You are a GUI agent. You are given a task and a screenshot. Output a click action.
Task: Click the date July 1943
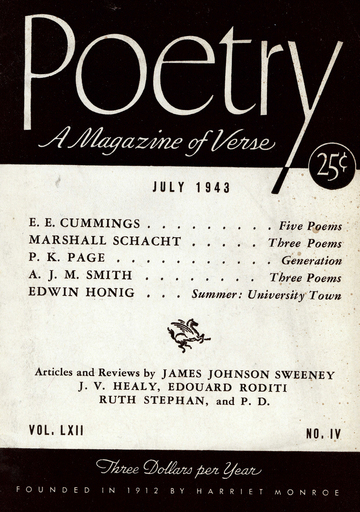[191, 187]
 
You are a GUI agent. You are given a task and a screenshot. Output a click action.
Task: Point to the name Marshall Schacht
[99, 242]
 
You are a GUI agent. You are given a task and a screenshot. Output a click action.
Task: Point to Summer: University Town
[266, 296]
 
